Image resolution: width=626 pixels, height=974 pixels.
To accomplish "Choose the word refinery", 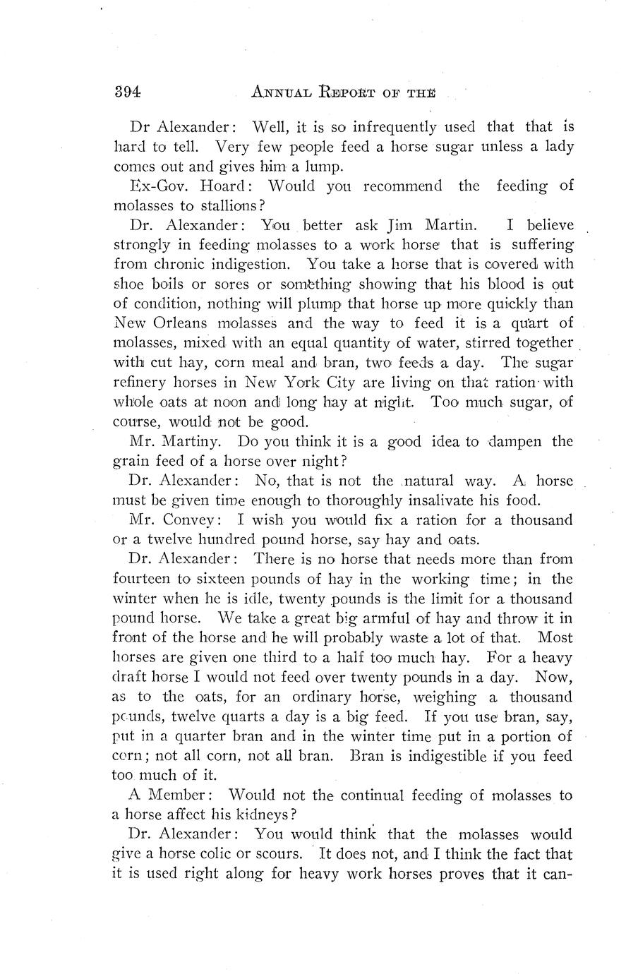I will coord(144,383).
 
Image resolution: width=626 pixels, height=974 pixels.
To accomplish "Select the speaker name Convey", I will coord(196,521).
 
